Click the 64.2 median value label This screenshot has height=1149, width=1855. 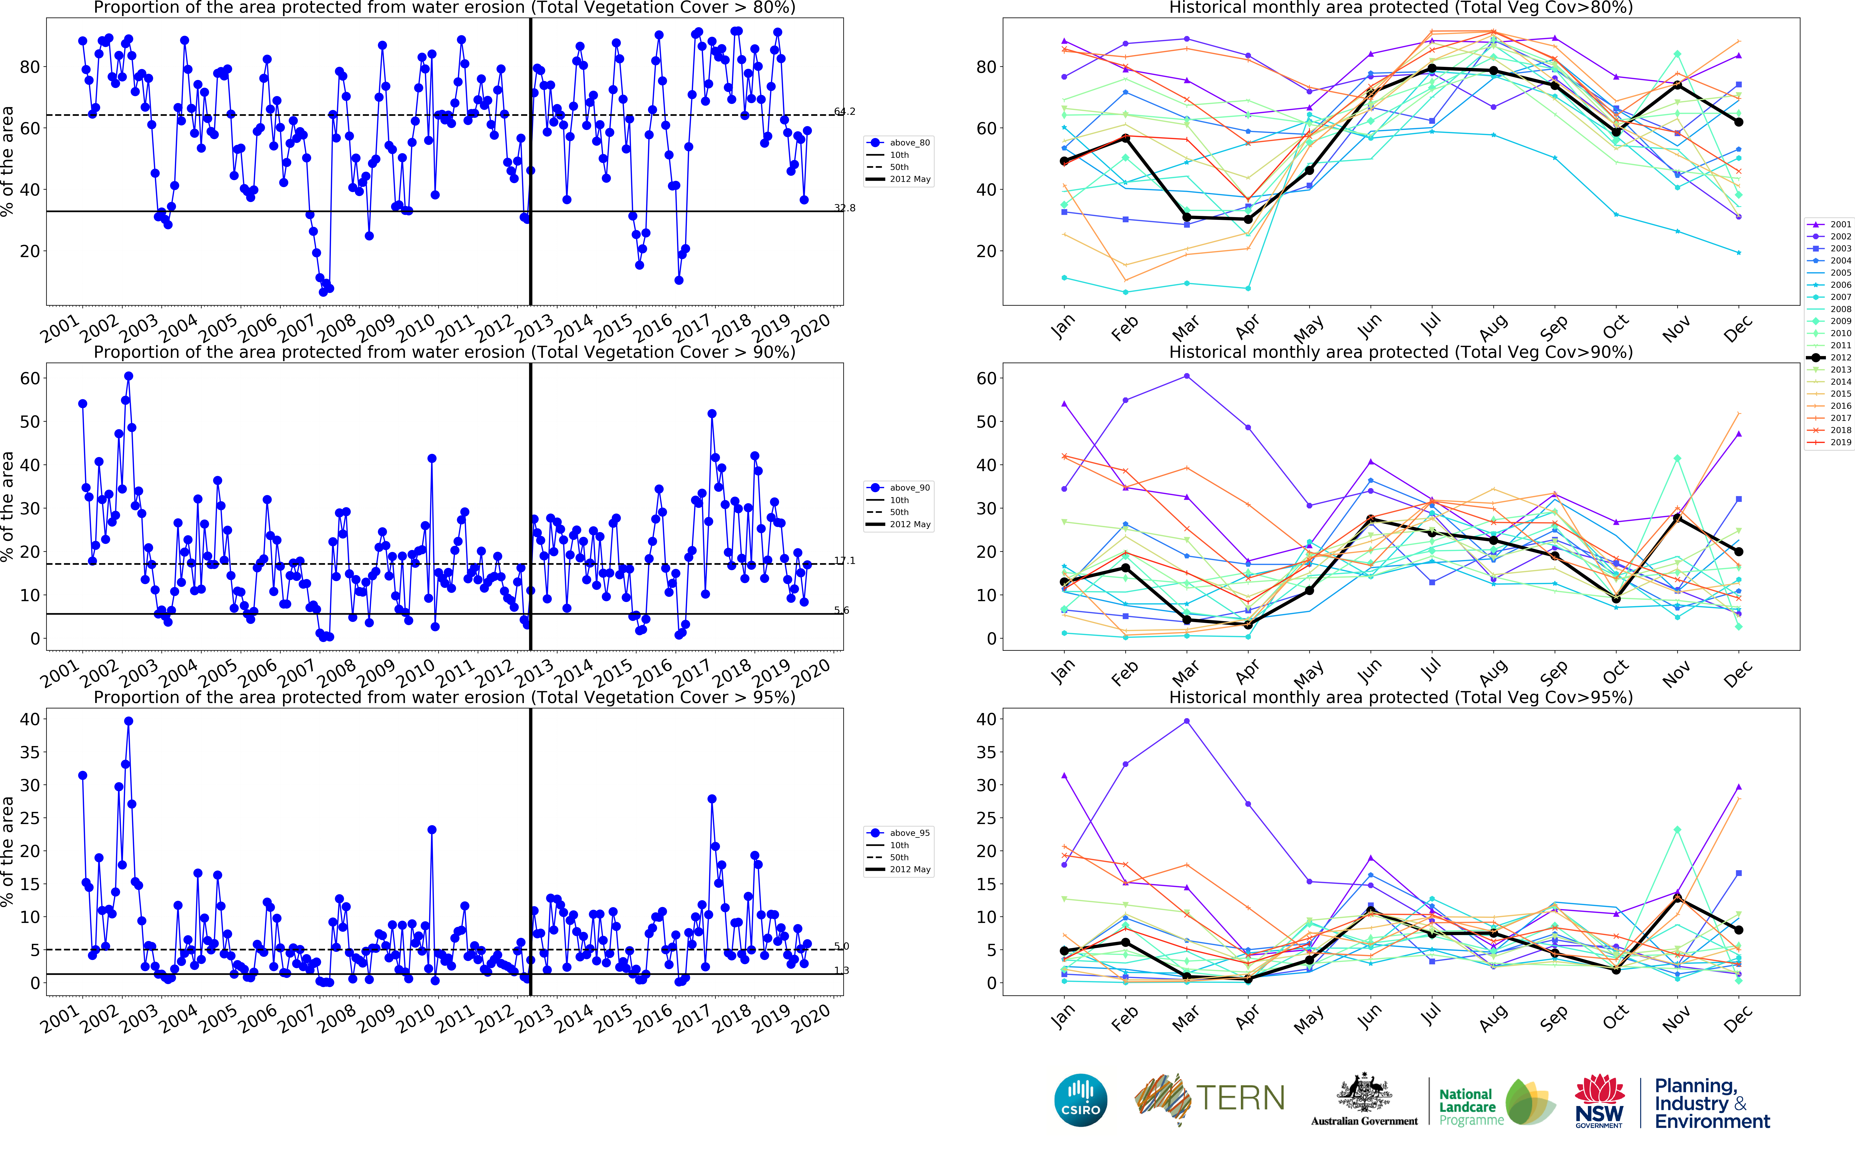[844, 112]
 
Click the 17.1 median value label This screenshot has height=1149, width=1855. [844, 561]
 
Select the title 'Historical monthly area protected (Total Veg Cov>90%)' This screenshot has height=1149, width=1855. [1401, 352]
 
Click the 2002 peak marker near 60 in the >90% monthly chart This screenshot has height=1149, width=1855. [1186, 376]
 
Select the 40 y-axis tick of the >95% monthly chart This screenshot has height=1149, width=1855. [986, 719]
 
